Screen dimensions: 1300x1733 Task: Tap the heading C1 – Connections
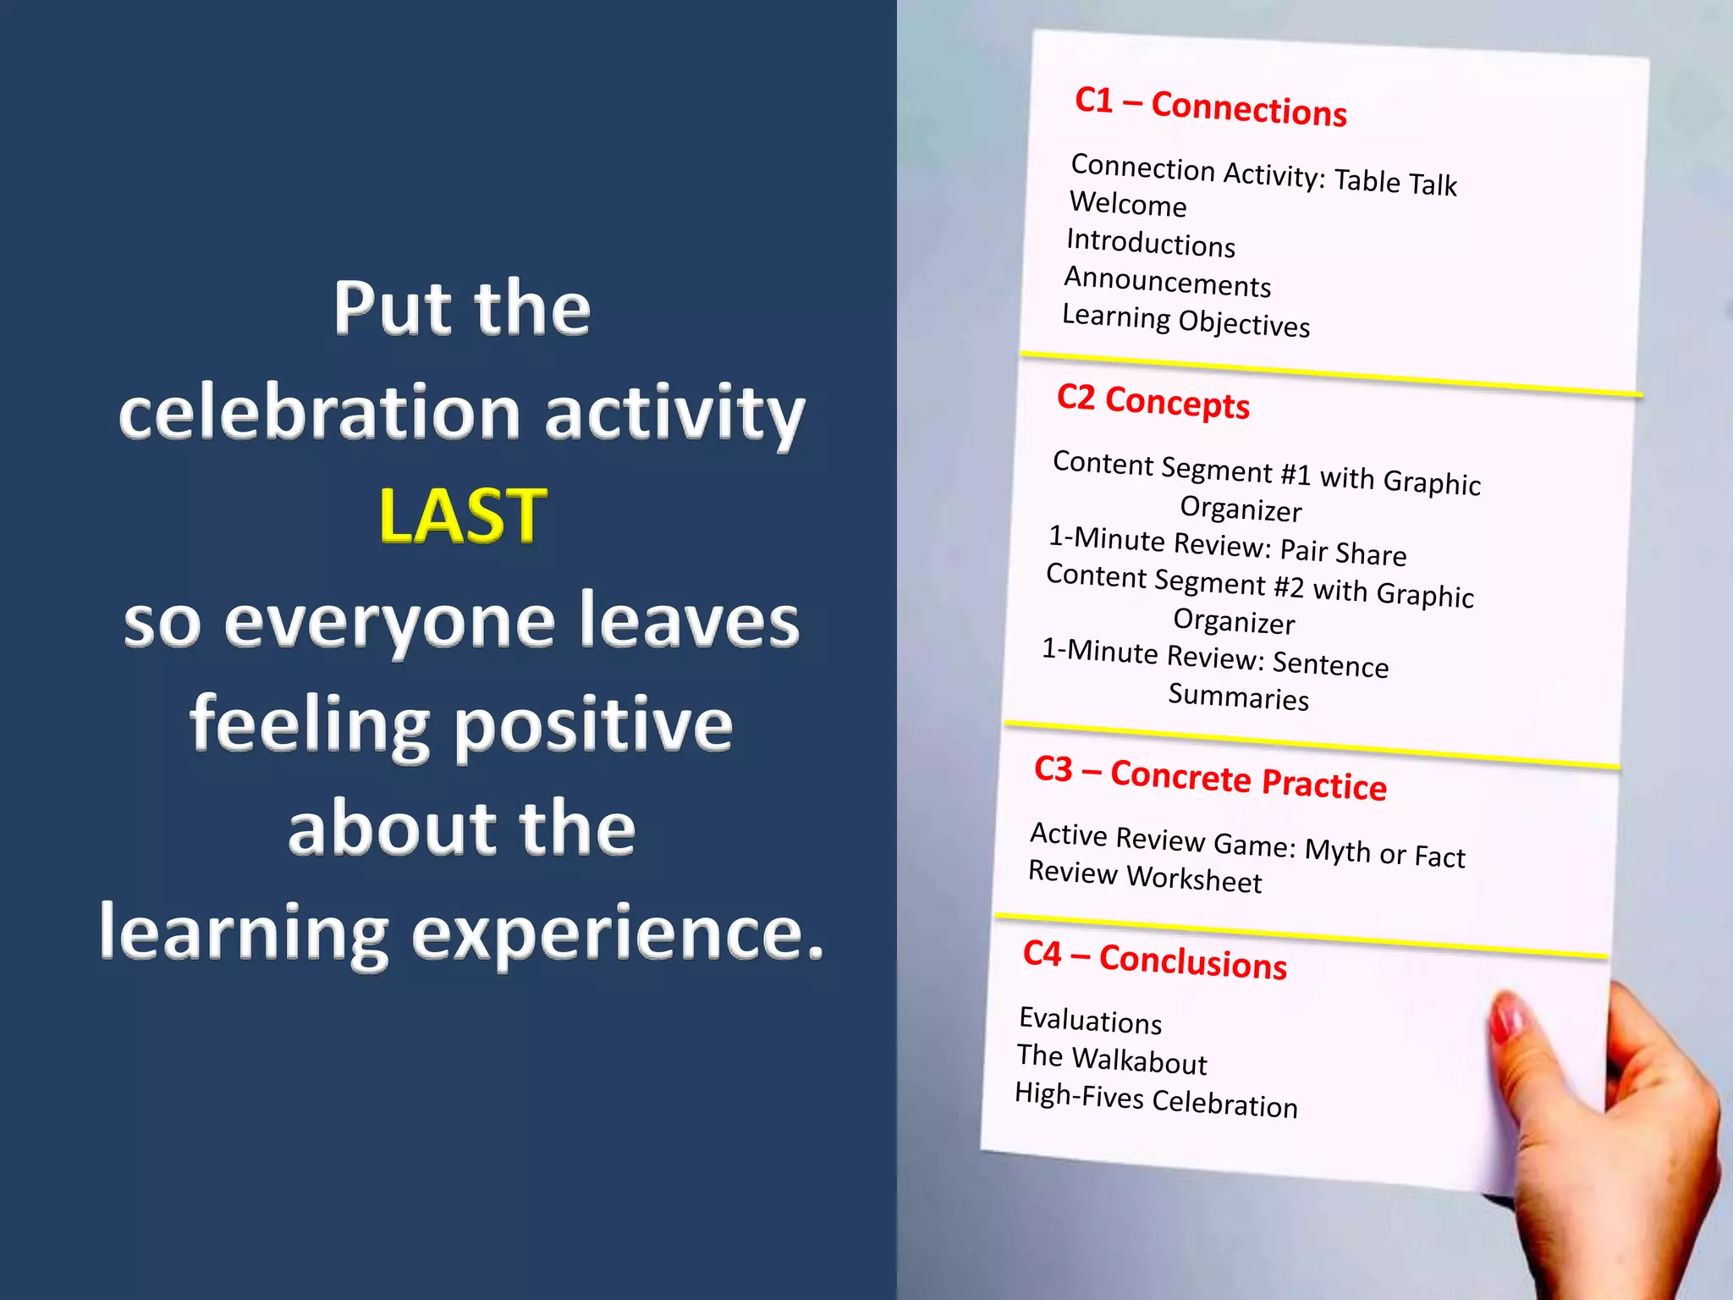(x=1210, y=107)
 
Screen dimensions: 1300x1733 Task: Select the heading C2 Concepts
(x=1153, y=401)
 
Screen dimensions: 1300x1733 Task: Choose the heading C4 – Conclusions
(x=1154, y=960)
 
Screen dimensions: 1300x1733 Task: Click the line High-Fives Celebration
(x=1156, y=1100)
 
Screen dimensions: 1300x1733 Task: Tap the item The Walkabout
(x=1112, y=1060)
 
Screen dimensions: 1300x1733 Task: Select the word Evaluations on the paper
(x=1090, y=1021)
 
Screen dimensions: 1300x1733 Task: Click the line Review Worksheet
(x=1144, y=877)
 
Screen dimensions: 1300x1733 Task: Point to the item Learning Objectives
(x=1186, y=321)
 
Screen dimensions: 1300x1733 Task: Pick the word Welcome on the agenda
(x=1128, y=205)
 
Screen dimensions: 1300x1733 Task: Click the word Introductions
(x=1151, y=243)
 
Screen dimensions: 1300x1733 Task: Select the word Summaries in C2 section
(x=1238, y=697)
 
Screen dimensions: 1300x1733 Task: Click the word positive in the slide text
(x=594, y=724)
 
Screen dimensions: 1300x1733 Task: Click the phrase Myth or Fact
(x=1384, y=853)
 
